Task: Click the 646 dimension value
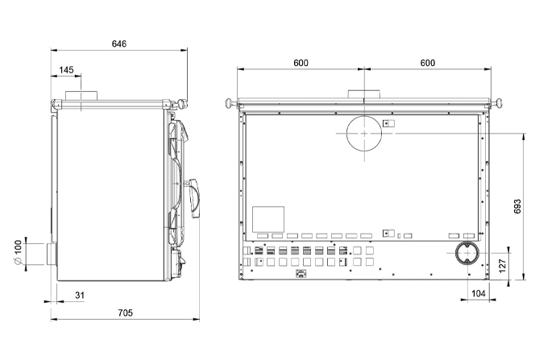pos(119,44)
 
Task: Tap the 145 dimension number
pos(66,70)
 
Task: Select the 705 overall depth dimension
pos(125,312)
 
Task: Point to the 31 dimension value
pos(80,295)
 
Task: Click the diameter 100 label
pos(18,252)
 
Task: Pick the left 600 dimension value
pos(301,63)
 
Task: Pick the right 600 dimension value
pos(428,63)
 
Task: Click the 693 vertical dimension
pos(517,207)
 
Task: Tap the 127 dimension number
pos(503,266)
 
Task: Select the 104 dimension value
pos(479,293)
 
